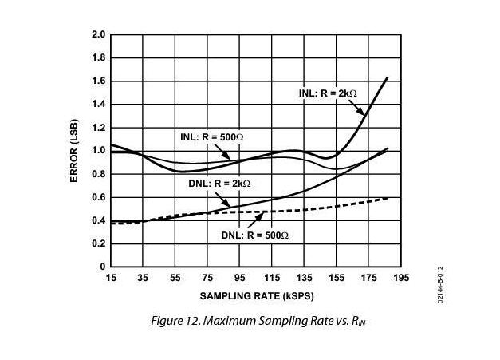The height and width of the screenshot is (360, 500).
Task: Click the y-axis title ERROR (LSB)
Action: click(75, 150)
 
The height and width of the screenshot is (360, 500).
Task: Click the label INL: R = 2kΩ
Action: click(328, 93)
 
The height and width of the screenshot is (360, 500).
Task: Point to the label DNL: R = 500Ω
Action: click(254, 235)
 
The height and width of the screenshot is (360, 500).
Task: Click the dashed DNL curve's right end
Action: click(388, 197)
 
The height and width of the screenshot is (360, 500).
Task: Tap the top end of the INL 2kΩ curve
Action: click(388, 77)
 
